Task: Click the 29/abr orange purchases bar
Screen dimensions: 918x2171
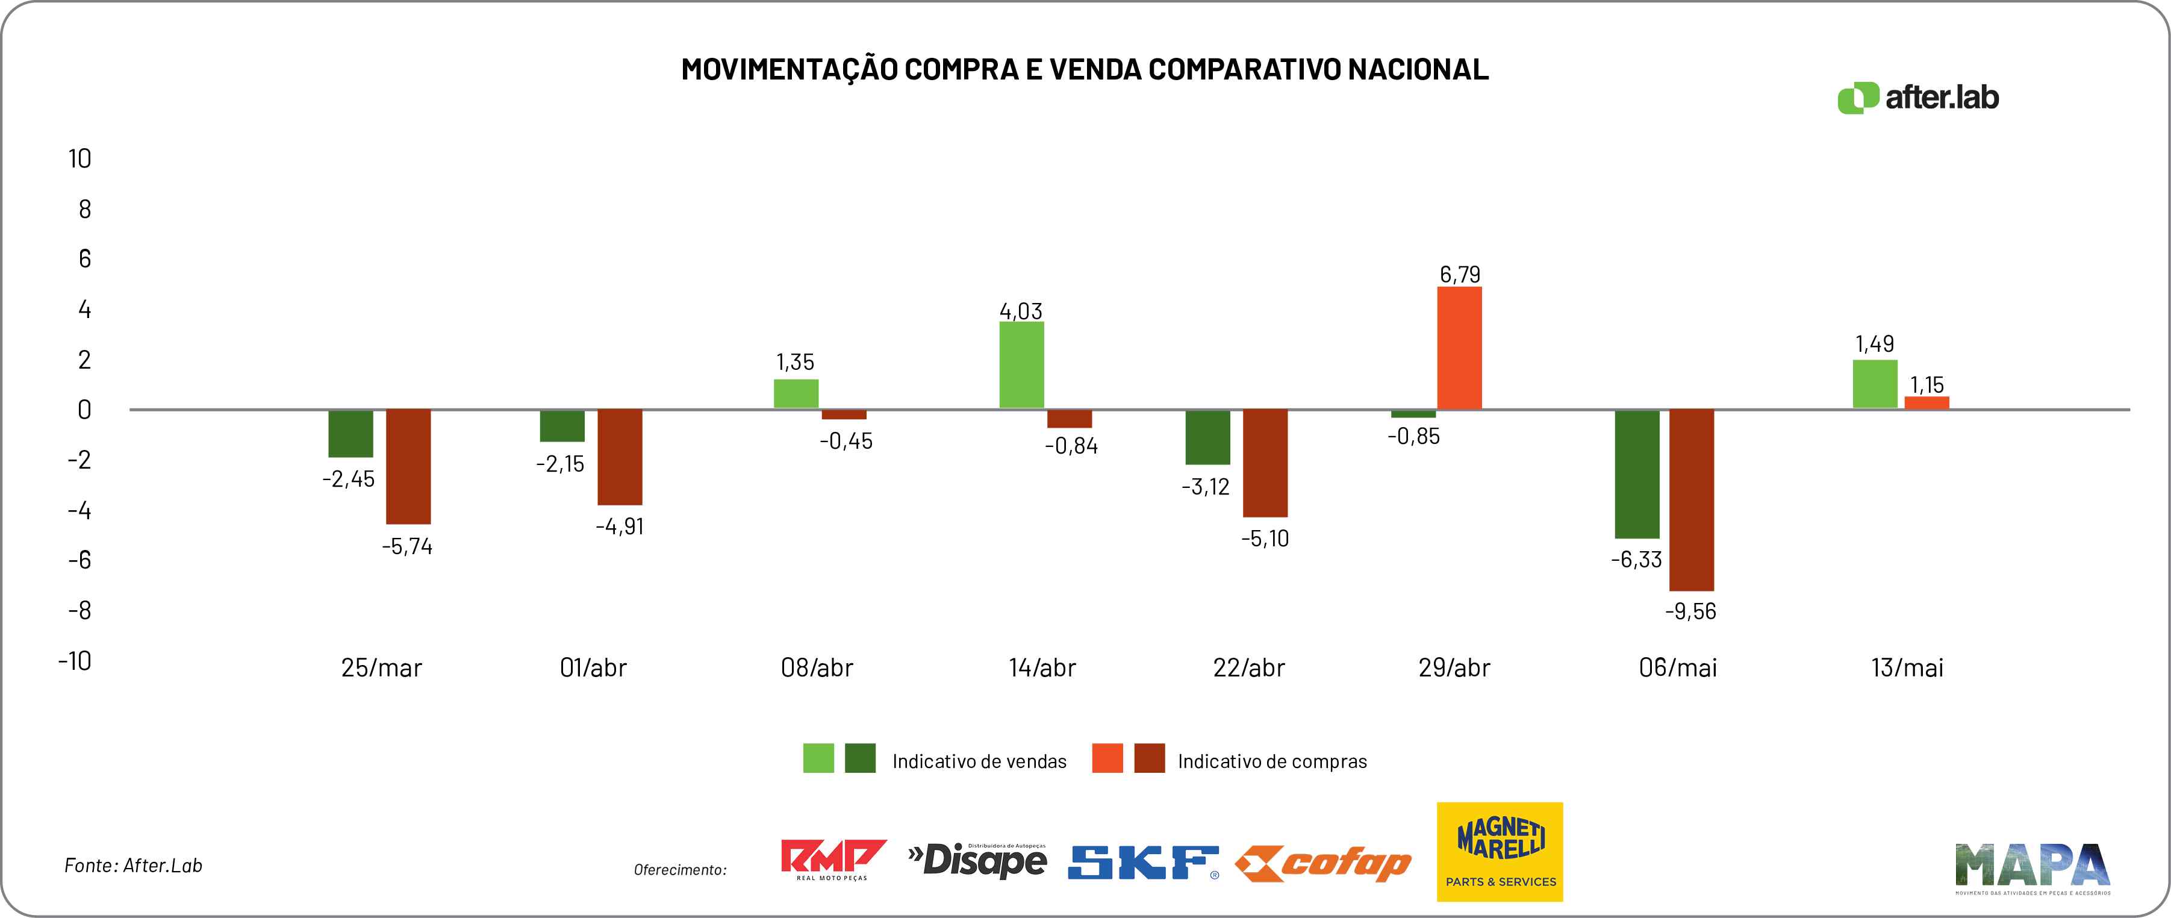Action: point(1459,348)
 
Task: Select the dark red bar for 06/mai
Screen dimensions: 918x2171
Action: point(1692,500)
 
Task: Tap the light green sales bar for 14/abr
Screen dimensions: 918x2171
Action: point(1021,365)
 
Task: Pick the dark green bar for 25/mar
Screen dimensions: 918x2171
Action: point(350,433)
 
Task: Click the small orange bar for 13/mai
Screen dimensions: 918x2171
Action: point(1926,403)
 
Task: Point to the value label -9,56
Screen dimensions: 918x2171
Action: point(1690,611)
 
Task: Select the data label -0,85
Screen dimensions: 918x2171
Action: point(1413,437)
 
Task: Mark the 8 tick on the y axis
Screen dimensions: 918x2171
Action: point(84,209)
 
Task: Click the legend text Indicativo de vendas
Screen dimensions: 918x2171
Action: point(979,762)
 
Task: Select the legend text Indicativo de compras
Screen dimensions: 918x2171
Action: point(1272,762)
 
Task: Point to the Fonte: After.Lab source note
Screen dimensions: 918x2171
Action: point(133,866)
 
